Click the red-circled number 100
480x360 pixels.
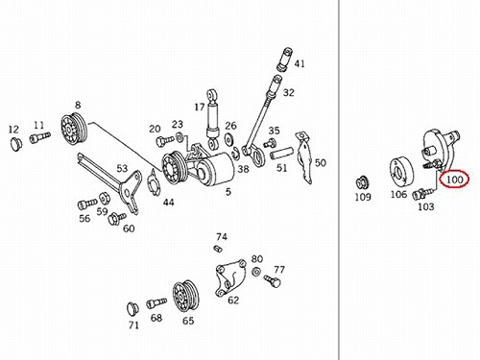click(455, 180)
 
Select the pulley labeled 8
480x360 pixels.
click(74, 129)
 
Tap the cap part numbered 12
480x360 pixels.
click(15, 144)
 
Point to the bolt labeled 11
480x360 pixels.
click(40, 137)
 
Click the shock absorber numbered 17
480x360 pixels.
click(212, 119)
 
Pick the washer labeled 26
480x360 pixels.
click(228, 139)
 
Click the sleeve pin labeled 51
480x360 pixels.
click(281, 154)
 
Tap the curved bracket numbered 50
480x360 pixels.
click(305, 157)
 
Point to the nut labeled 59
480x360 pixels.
click(105, 199)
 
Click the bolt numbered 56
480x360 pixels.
click(87, 204)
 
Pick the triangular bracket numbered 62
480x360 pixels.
click(230, 278)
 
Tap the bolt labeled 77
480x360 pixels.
click(273, 281)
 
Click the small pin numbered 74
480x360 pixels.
click(218, 249)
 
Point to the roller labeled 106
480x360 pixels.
click(401, 171)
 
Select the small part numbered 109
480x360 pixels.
click(363, 183)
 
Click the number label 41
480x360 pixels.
click(300, 63)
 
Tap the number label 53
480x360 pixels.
click(122, 168)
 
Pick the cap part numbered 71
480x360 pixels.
click(132, 308)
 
